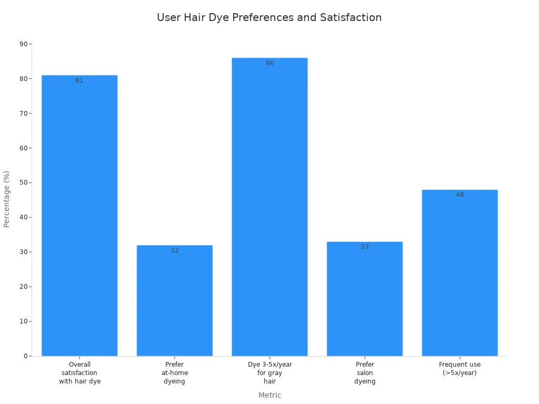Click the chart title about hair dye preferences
(x=269, y=17)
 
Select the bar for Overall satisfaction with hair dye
(x=79, y=216)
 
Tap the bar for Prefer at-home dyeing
(x=175, y=300)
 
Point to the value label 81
(x=79, y=81)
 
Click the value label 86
(x=269, y=63)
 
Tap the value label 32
(x=175, y=250)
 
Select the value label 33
(x=365, y=247)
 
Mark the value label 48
(x=460, y=195)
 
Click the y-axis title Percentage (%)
(x=7, y=199)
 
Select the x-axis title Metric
(x=269, y=395)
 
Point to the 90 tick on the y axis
(x=24, y=44)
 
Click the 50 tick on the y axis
(x=24, y=183)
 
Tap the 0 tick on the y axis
(x=25, y=356)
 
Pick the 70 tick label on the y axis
(x=24, y=113)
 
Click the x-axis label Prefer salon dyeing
(x=365, y=372)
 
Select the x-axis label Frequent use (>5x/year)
(x=460, y=368)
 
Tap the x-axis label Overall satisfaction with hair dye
(x=79, y=372)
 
